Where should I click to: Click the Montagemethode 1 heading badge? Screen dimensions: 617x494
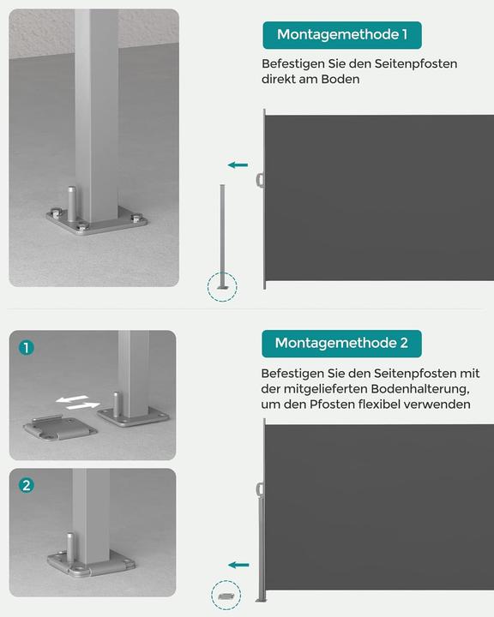(341, 35)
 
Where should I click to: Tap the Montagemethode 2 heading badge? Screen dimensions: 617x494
(341, 343)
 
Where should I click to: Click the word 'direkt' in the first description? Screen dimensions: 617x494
(281, 79)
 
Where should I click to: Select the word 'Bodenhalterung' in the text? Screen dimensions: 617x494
(420, 389)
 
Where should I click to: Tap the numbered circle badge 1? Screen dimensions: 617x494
(27, 348)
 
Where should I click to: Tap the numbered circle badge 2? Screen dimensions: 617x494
(27, 486)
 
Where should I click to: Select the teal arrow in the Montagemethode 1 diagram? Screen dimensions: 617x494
(238, 165)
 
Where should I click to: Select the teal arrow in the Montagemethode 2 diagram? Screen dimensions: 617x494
(238, 565)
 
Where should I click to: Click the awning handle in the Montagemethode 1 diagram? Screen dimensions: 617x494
(260, 180)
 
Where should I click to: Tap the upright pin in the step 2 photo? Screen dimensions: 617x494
(66, 546)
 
